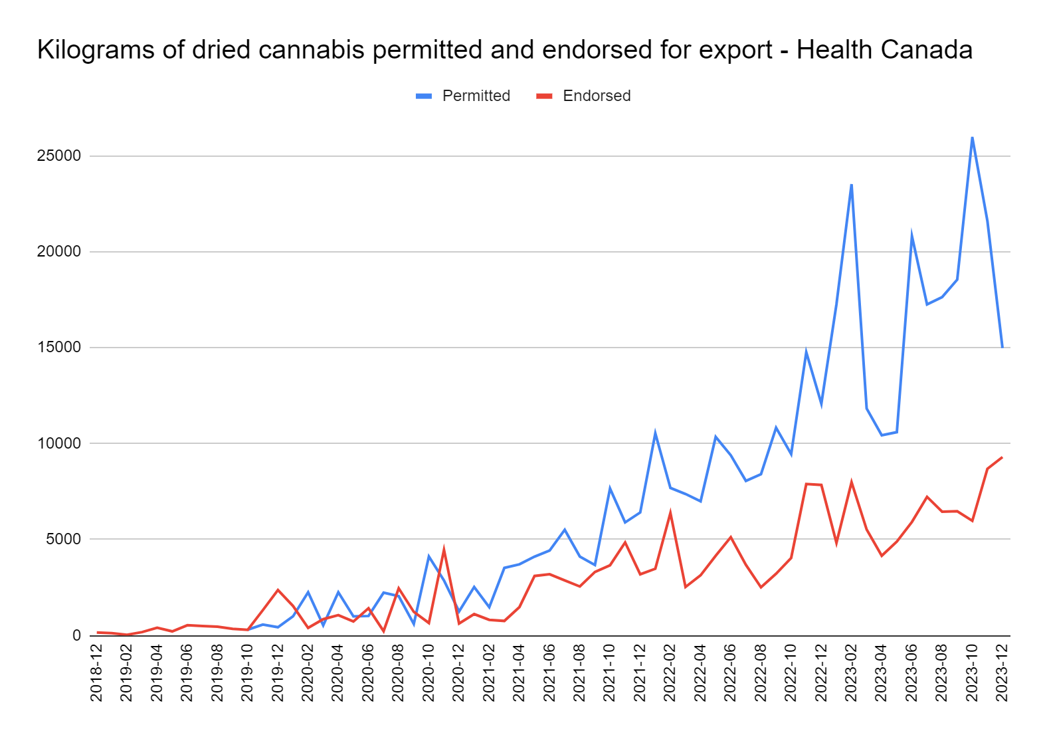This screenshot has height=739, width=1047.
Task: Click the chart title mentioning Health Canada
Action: pyautogui.click(x=505, y=50)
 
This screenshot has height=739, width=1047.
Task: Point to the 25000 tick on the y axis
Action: pyautogui.click(x=59, y=156)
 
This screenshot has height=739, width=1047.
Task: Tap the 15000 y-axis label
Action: pyautogui.click(x=59, y=348)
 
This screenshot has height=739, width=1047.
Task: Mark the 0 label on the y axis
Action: pyautogui.click(x=76, y=635)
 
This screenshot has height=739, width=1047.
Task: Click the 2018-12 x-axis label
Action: pyautogui.click(x=96, y=671)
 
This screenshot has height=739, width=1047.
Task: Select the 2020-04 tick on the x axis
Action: pyautogui.click(x=337, y=671)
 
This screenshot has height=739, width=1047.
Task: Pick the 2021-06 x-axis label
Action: pyautogui.click(x=549, y=671)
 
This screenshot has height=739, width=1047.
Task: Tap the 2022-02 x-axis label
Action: pyautogui.click(x=670, y=671)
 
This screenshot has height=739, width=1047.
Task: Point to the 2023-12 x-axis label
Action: pyautogui.click(x=1002, y=671)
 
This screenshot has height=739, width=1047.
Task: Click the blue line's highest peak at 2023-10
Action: pyautogui.click(x=972, y=138)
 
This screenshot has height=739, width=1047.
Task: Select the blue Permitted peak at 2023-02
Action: pyautogui.click(x=851, y=185)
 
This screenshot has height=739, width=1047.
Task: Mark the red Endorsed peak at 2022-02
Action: pyautogui.click(x=670, y=512)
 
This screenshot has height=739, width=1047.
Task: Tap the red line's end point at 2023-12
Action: pyautogui.click(x=1002, y=457)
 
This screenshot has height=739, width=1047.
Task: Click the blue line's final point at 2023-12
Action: pyautogui.click(x=1002, y=347)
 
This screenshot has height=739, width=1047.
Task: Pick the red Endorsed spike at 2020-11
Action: pyautogui.click(x=444, y=550)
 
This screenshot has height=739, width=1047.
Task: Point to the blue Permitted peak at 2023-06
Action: pyautogui.click(x=911, y=235)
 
